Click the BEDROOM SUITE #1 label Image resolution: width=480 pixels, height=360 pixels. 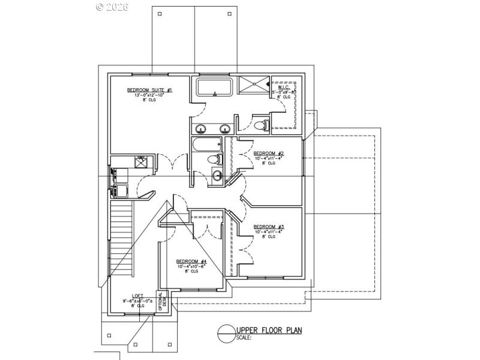(x=149, y=90)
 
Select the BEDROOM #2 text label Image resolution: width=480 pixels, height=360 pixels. (x=268, y=154)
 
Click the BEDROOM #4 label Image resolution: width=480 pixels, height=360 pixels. (x=191, y=261)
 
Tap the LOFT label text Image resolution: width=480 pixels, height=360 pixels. (x=138, y=296)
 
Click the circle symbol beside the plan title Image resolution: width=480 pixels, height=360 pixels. (x=227, y=332)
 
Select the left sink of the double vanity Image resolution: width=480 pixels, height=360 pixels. (x=200, y=128)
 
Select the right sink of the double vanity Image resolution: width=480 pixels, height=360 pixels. (x=226, y=128)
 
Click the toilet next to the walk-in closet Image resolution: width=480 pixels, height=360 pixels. (x=260, y=125)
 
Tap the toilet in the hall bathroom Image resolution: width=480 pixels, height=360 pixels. (x=216, y=159)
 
